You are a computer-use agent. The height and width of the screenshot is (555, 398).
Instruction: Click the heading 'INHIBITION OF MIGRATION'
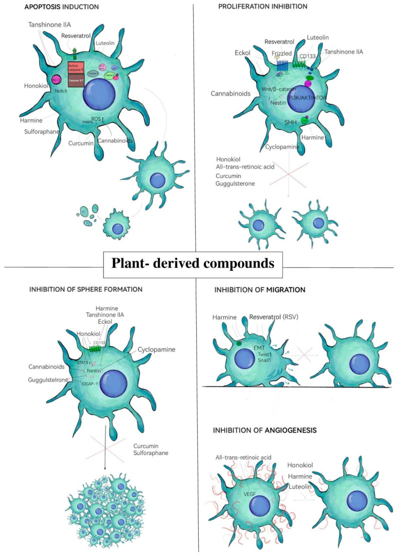[x=259, y=289]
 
